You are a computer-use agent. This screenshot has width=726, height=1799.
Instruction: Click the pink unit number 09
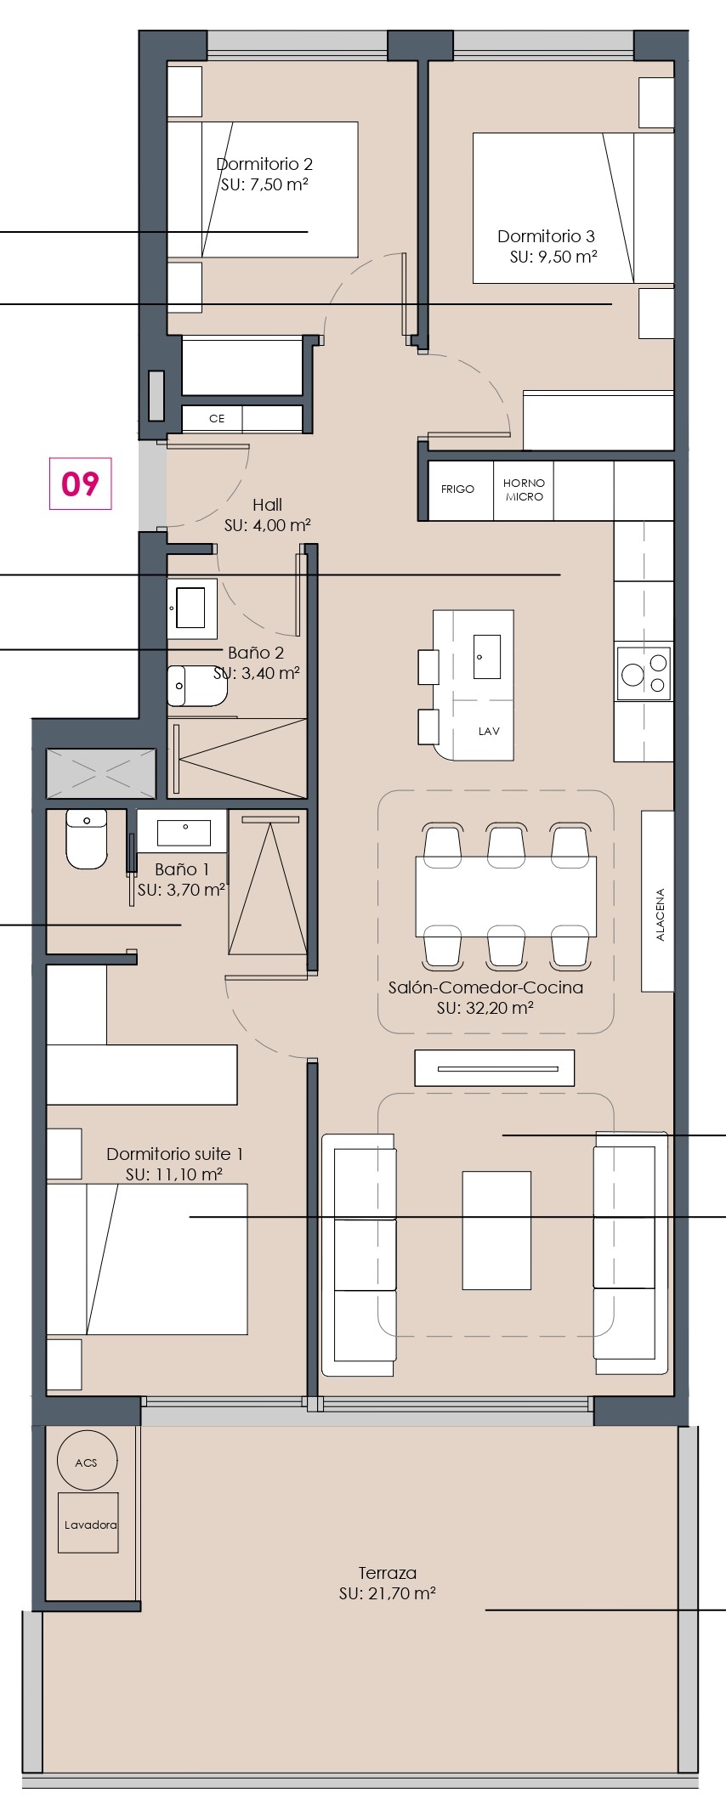pyautogui.click(x=81, y=484)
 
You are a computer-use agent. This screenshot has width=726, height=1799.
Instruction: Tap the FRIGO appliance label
pyautogui.click(x=457, y=489)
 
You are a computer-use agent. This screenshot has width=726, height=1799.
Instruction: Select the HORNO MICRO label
pyautogui.click(x=524, y=490)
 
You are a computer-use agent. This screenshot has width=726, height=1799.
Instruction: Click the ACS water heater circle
pyautogui.click(x=87, y=1462)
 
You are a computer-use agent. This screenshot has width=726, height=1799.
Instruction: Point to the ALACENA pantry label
pyautogui.click(x=661, y=915)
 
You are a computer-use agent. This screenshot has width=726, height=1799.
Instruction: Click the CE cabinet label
pyautogui.click(x=217, y=418)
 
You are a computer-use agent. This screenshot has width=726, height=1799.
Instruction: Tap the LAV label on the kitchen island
pyautogui.click(x=489, y=731)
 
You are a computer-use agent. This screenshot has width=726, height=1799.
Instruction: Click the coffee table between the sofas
pyautogui.click(x=496, y=1230)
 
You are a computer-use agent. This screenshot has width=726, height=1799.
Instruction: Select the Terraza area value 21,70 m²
pyautogui.click(x=387, y=1594)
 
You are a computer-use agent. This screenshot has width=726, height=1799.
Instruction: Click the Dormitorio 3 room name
pyautogui.click(x=546, y=236)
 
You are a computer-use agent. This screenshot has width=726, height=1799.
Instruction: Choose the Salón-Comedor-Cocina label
pyautogui.click(x=485, y=987)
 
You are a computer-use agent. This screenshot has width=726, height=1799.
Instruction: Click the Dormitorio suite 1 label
pyautogui.click(x=174, y=1154)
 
